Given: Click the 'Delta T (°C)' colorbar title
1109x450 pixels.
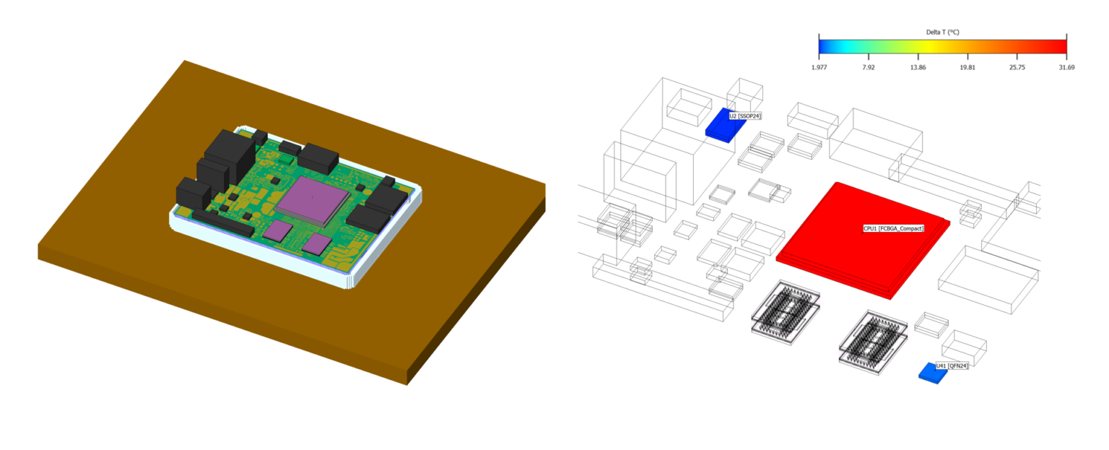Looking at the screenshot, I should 942,32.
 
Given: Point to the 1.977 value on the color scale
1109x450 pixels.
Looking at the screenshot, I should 819,67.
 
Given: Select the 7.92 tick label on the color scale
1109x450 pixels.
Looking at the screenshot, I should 868,67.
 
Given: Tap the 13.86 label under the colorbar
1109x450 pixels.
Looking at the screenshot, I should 918,67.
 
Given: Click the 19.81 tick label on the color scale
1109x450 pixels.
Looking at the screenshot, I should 967,67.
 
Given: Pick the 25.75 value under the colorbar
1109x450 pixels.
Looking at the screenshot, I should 1017,67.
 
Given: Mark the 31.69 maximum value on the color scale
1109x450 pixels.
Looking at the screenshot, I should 1066,67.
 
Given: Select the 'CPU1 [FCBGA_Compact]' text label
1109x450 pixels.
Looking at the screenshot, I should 893,228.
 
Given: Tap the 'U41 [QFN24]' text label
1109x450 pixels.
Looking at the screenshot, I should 952,365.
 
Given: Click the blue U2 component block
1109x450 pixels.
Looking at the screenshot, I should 723,124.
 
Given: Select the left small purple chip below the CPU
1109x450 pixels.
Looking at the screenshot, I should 278,230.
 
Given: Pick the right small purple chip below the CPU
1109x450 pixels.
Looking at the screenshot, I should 317,243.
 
